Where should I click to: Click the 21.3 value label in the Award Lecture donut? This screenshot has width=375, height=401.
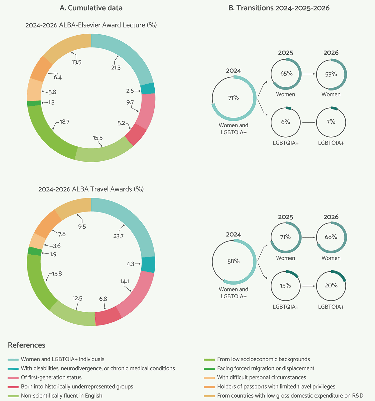[x=116, y=68]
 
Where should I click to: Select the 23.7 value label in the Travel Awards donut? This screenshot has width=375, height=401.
[x=118, y=236]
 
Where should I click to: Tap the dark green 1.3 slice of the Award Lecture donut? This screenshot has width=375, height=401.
[x=34, y=103]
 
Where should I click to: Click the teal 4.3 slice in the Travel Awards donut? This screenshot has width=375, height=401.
[x=148, y=264]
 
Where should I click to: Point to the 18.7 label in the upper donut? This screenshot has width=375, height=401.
[x=64, y=122]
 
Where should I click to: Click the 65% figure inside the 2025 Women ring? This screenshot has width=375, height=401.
[x=287, y=73]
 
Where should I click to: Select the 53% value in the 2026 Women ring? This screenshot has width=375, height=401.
[x=331, y=74]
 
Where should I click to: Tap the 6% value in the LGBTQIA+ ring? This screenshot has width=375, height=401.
[x=286, y=122]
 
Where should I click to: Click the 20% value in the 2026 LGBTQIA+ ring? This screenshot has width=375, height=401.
[x=331, y=285]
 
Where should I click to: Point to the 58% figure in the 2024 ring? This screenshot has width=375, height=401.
[x=233, y=261]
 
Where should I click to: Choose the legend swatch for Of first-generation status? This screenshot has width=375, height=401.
[x=13, y=378]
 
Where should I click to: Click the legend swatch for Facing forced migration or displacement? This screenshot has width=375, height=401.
[x=209, y=369]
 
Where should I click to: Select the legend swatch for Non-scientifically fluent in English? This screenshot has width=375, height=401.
[x=13, y=396]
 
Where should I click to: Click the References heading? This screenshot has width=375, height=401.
[x=27, y=345]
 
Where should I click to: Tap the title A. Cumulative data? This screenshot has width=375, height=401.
[x=91, y=8]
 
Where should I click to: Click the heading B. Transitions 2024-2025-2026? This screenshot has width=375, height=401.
[x=279, y=8]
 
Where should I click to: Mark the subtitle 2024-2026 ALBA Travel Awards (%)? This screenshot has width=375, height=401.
[x=91, y=189]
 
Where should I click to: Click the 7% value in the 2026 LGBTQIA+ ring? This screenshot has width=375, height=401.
[x=331, y=122]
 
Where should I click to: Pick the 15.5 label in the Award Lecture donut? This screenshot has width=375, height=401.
[x=98, y=138]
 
